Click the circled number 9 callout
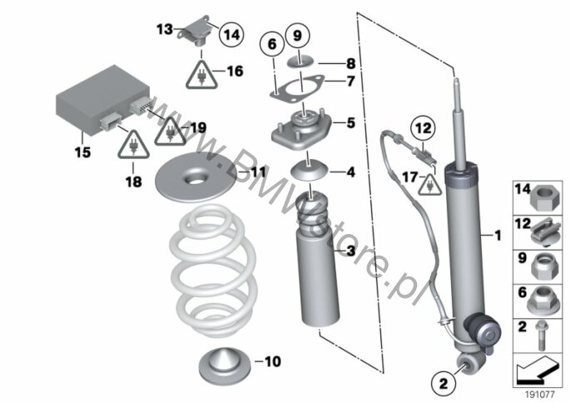297,36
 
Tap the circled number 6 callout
272,44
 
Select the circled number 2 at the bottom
443,384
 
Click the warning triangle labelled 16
201,75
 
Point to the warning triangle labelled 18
133,144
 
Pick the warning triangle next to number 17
430,185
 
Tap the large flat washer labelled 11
196,178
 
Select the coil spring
213,270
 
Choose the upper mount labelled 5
301,128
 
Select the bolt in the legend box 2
541,335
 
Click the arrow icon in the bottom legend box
538,371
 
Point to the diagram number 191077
539,395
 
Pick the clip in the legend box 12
545,231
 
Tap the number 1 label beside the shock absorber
498,236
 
